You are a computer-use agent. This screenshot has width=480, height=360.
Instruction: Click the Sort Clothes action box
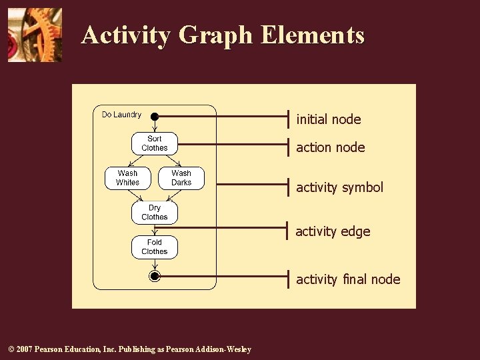[154, 143]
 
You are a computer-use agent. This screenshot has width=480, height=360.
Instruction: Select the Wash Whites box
[127, 178]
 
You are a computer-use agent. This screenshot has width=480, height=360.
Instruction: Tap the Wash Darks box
[181, 178]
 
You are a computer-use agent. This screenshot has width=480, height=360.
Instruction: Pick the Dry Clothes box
[154, 213]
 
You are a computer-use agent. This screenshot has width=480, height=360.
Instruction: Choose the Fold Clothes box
[154, 247]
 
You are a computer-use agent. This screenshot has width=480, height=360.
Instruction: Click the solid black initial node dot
[154, 117]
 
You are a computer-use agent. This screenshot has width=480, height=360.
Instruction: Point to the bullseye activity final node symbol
[155, 276]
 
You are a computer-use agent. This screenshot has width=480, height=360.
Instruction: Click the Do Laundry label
[121, 115]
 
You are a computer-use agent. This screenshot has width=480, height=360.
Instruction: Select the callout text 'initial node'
[329, 119]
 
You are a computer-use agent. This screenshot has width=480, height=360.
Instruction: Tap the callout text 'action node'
[331, 147]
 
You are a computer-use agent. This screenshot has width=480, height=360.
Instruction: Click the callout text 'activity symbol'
[340, 187]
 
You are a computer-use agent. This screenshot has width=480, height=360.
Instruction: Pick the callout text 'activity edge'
[333, 231]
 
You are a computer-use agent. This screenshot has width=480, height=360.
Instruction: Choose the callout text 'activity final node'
[348, 279]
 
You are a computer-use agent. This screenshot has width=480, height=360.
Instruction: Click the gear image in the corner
[35, 35]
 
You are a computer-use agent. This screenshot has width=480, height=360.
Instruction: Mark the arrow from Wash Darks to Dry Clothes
[172, 195]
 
